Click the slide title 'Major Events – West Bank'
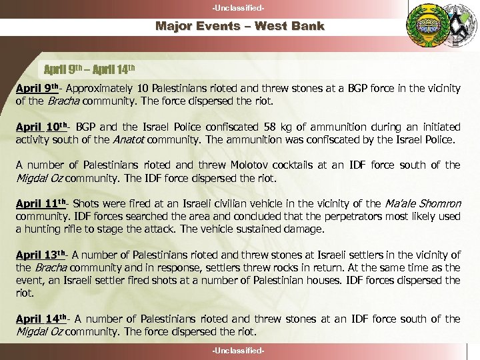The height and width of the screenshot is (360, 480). coord(239,27)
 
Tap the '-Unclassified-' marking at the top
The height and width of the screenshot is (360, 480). coord(239,7)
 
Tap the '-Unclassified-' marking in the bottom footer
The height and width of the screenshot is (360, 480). coord(239,351)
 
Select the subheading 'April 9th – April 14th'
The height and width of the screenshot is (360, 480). coord(89,69)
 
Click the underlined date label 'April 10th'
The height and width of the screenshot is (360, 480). coord(43,127)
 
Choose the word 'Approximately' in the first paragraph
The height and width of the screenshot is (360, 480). coord(97,88)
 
